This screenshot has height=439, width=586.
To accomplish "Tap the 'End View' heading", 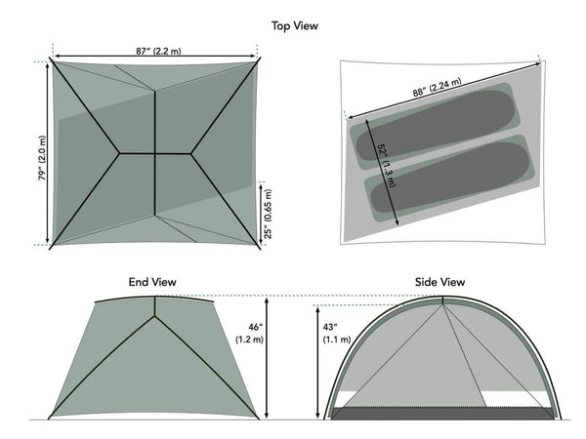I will [x=153, y=282].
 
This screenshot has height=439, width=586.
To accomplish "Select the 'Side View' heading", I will [x=439, y=282].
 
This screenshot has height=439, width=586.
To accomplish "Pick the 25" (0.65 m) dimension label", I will [x=271, y=212].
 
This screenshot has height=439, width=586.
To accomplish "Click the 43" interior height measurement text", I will [x=333, y=325].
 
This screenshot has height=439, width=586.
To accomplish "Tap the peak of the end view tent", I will [x=154, y=298].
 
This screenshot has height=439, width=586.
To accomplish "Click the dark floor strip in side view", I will [x=444, y=413].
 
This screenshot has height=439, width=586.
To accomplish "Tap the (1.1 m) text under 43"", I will [x=333, y=339].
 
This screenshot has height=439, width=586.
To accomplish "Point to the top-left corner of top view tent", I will [x=52, y=62].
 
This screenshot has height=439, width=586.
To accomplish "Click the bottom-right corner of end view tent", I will [x=259, y=419].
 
